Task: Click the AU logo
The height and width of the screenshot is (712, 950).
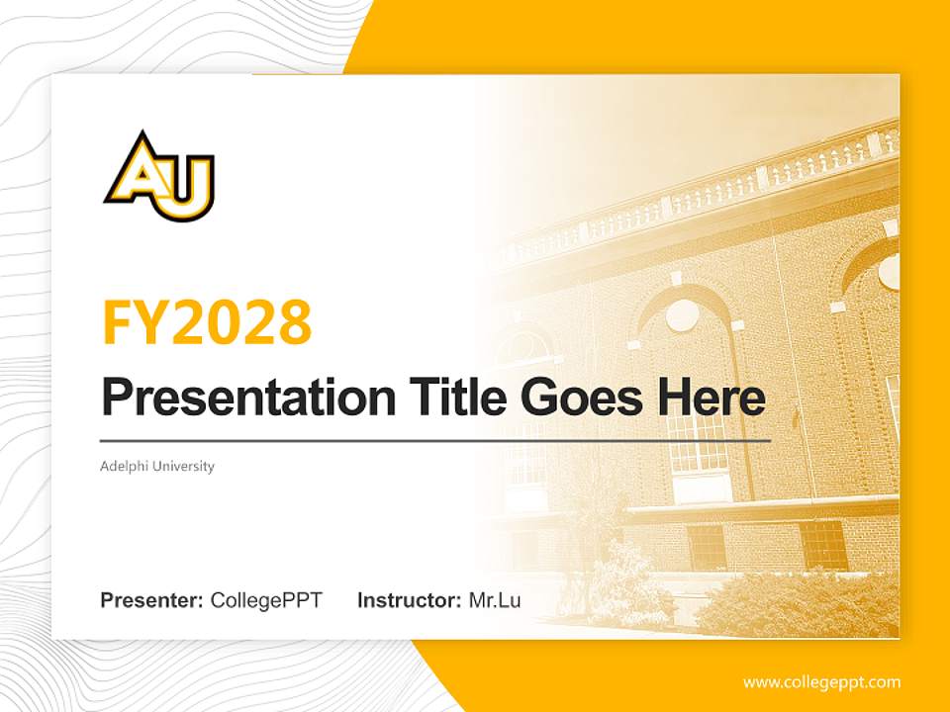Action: point(159,178)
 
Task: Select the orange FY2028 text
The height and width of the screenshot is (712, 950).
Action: point(207,322)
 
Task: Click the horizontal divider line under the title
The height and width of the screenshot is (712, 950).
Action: point(435,440)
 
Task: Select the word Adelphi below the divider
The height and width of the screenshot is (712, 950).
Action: point(123,466)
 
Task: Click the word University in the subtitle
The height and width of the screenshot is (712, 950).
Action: point(182,466)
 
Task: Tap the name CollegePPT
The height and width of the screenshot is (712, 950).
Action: point(266,600)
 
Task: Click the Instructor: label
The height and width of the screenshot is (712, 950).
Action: point(409,600)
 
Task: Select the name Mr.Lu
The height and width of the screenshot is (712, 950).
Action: point(495,600)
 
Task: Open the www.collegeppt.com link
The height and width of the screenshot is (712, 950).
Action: point(821,682)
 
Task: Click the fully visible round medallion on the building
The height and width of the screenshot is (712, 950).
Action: point(682,315)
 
